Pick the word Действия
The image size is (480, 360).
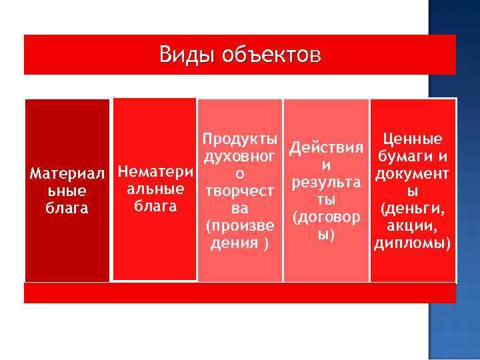tap(326, 147)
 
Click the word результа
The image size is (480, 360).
tap(326, 182)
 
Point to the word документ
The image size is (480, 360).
tap(412, 174)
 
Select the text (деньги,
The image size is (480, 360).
tap(412, 209)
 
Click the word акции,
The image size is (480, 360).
tap(412, 226)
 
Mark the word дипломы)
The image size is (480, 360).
tap(412, 243)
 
